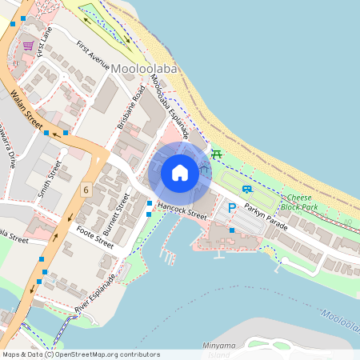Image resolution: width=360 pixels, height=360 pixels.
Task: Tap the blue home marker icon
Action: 180,173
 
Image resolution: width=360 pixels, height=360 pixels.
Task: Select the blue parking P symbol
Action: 232,208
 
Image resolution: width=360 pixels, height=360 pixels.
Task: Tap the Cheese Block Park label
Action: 302,202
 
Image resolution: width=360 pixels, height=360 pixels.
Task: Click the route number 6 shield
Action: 85,190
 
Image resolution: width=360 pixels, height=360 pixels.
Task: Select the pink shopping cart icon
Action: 29,46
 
